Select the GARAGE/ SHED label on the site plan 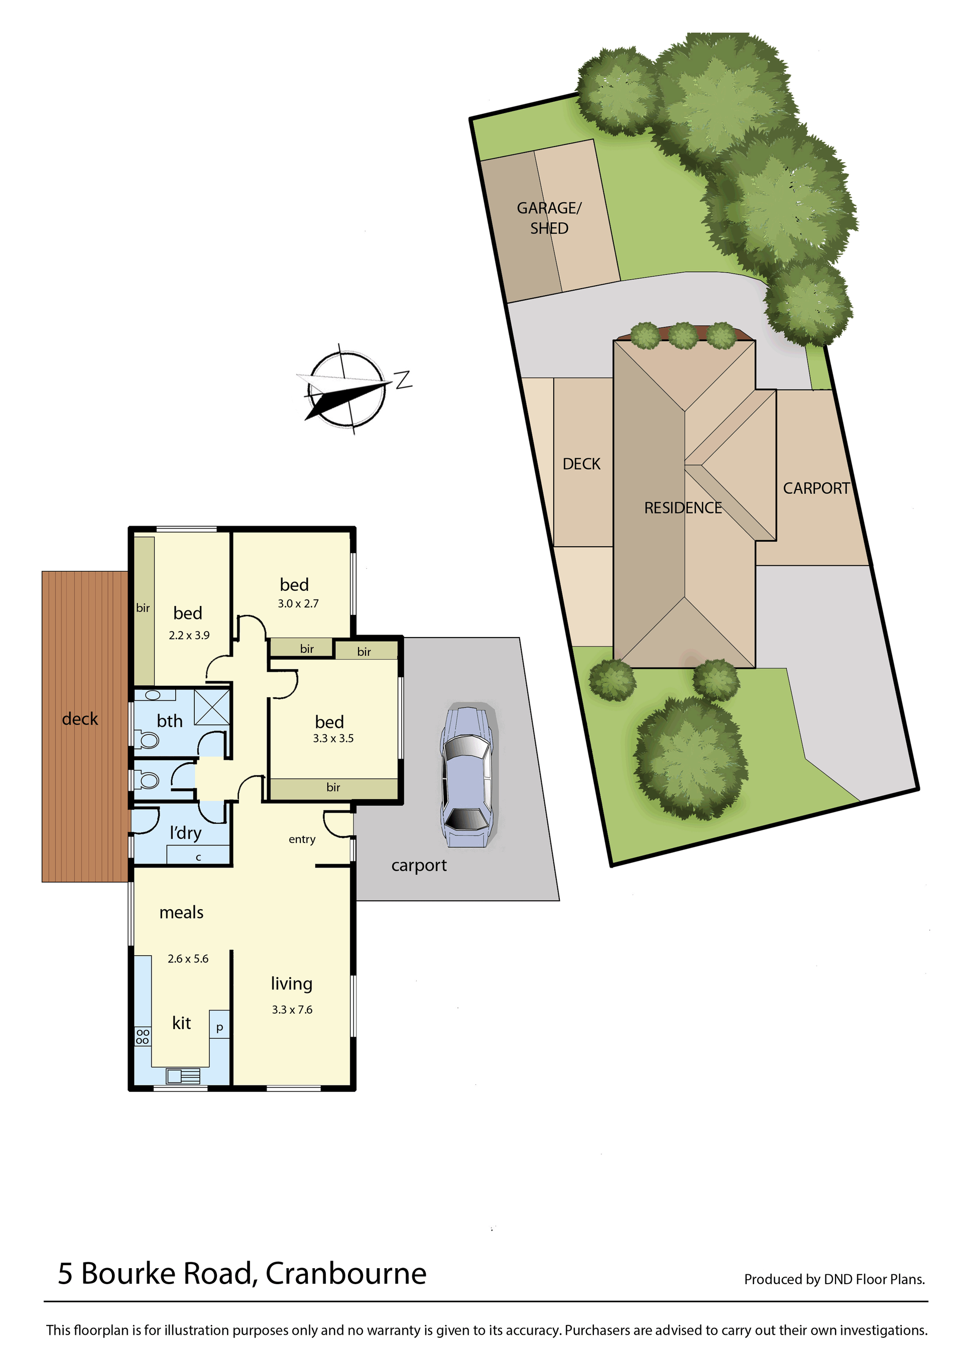coord(549,218)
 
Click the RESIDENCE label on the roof coord(683,508)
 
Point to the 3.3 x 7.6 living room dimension coord(292,1009)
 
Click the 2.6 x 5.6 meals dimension coord(188,958)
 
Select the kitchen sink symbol coord(183,1076)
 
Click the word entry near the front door coord(302,839)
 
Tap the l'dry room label coord(186,832)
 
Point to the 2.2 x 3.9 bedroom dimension coord(189,635)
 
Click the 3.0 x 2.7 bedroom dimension coord(298,603)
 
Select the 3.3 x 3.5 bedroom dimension coord(333,738)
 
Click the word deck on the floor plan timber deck coord(80,718)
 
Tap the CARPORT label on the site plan coord(816,488)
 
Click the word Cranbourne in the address coord(346,1273)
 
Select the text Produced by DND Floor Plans coord(834,1279)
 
